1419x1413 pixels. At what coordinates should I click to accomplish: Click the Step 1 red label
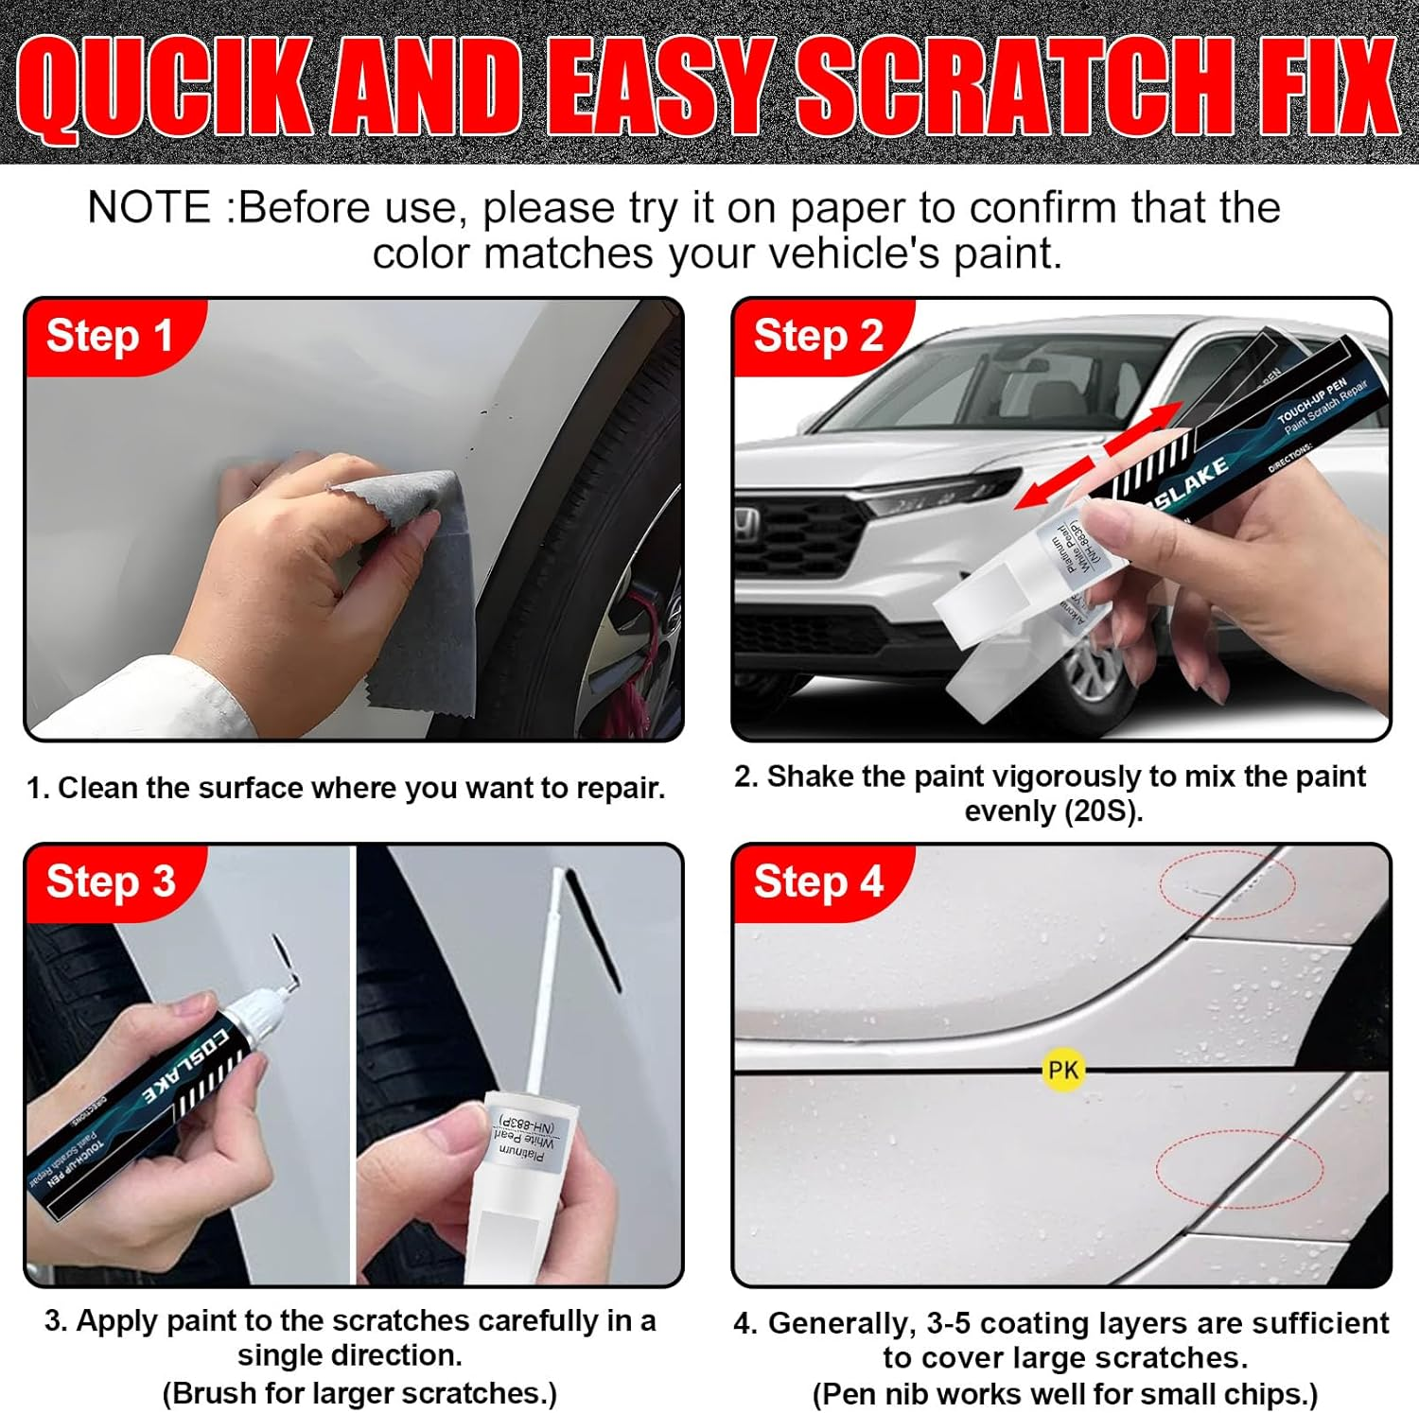[x=109, y=336]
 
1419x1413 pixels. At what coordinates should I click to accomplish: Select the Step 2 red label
[x=818, y=336]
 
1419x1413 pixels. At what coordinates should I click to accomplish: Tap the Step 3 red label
[x=110, y=881]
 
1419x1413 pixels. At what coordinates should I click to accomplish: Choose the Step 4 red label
[x=818, y=881]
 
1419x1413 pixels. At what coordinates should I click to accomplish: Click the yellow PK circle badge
[x=1062, y=1070]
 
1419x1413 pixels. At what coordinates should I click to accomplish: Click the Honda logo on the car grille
[x=747, y=519]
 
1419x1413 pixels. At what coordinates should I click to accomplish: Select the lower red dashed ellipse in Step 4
[x=1238, y=1169]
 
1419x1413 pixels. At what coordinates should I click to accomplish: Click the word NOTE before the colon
[x=149, y=208]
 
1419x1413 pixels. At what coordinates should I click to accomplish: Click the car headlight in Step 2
[x=937, y=492]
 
